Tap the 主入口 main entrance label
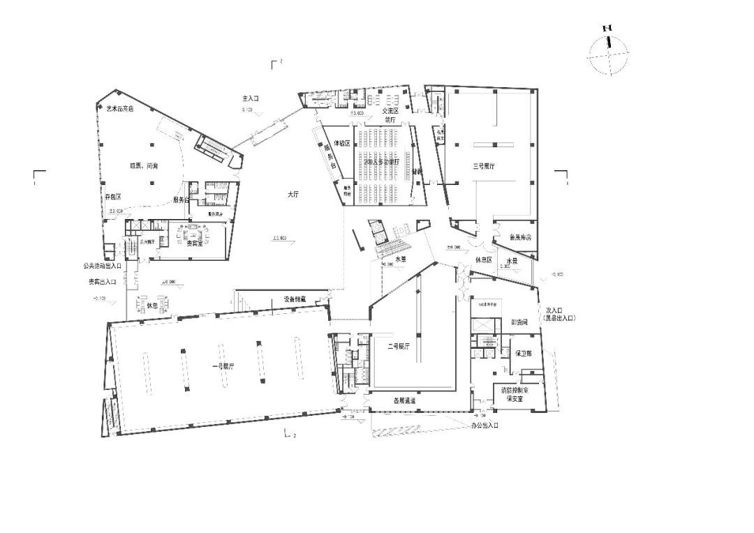[251, 100]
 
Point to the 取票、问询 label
[144, 165]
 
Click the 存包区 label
[114, 198]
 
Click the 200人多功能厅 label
[377, 161]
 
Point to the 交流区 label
[390, 111]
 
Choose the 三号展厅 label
[484, 167]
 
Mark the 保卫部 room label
[524, 354]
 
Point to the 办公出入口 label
[483, 424]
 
